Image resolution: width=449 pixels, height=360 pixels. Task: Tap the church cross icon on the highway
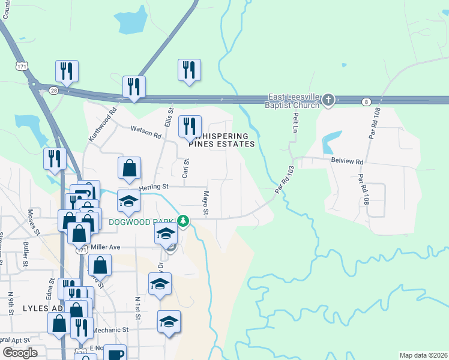coord(328,101)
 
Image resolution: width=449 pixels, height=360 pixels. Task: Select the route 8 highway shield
coord(366,102)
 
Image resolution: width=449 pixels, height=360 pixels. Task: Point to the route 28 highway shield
coord(54,90)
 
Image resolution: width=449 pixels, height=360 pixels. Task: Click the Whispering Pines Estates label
coord(222,140)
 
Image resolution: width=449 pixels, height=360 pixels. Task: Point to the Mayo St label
coord(205,203)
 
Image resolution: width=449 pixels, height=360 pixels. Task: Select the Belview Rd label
coord(348,161)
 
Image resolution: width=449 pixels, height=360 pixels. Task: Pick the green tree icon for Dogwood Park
coord(184,222)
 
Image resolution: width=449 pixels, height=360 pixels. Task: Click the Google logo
coord(20,353)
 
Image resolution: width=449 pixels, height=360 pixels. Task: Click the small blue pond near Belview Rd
coord(328,144)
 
